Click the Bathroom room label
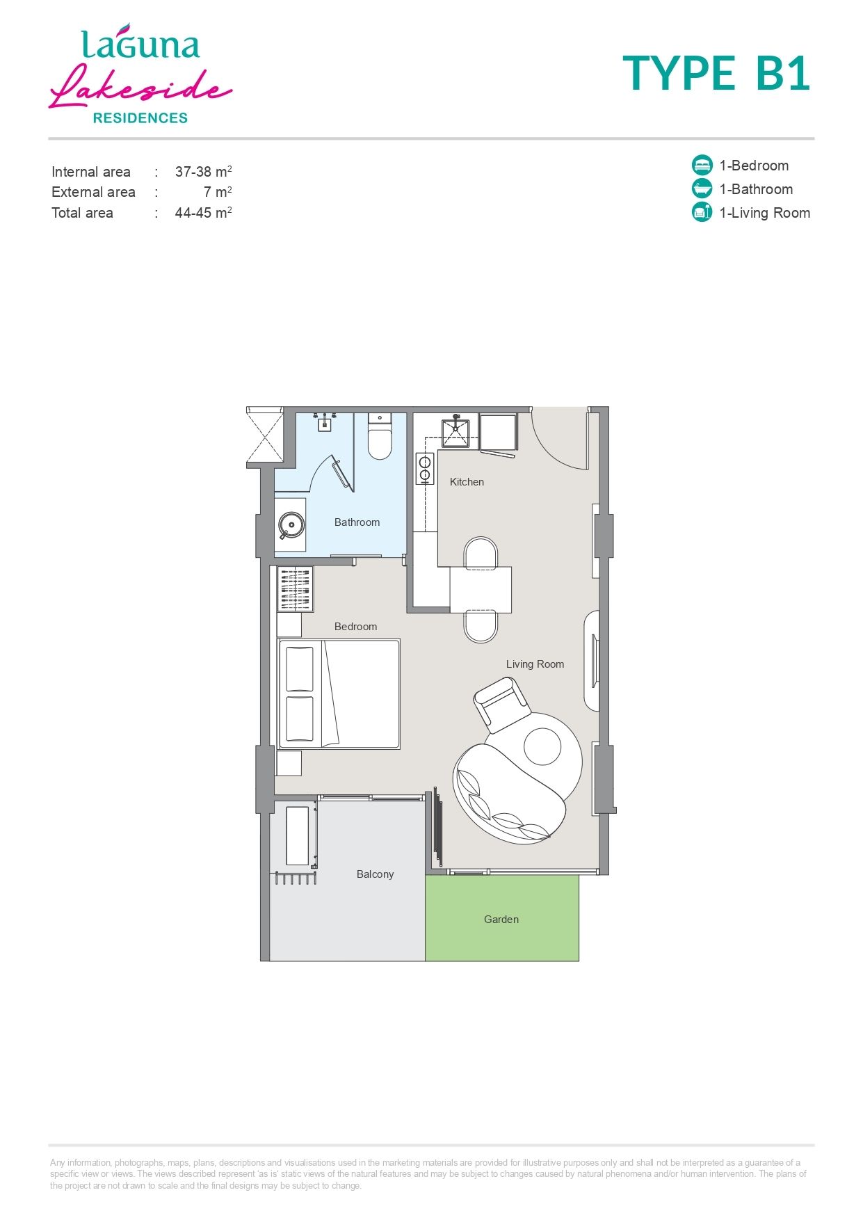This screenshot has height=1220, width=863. [x=357, y=522]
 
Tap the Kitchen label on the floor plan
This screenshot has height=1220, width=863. [x=467, y=482]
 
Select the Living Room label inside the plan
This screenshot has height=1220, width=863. [x=535, y=664]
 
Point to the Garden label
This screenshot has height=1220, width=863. [x=501, y=920]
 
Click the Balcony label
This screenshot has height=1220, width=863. [x=375, y=874]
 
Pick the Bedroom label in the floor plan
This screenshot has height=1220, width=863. [x=355, y=627]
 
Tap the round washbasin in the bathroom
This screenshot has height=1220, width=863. [x=291, y=525]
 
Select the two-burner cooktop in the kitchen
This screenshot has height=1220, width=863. [x=424, y=468]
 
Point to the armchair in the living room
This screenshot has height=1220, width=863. [x=502, y=704]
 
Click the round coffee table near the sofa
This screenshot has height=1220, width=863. [x=542, y=747]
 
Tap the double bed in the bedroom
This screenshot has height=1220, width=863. [x=339, y=694]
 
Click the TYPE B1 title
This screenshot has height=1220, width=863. [x=716, y=74]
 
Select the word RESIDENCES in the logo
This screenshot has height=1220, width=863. [x=140, y=118]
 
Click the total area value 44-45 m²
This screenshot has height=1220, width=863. [x=203, y=213]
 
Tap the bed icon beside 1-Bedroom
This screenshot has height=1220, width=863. [x=702, y=166]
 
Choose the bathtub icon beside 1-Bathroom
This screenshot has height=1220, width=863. [x=702, y=189]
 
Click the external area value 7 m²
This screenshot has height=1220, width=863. [x=218, y=192]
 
